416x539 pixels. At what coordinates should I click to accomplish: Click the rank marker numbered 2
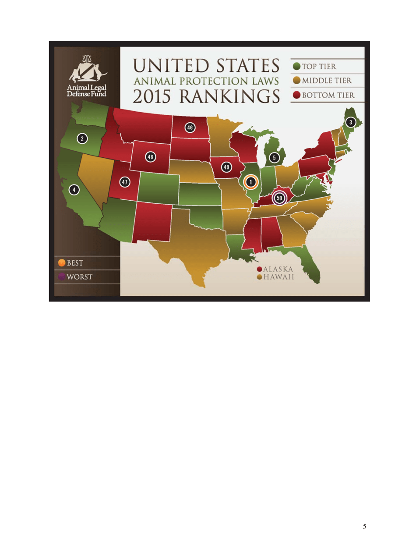pos(81,139)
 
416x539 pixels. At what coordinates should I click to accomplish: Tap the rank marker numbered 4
pos(75,190)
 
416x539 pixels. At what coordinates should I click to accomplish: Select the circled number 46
pos(190,128)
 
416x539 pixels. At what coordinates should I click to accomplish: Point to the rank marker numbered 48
pos(151,156)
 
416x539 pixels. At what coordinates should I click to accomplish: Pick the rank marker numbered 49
pos(226,167)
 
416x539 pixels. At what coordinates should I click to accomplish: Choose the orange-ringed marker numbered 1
pos(250,181)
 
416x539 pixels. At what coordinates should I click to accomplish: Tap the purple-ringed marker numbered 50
pos(279,198)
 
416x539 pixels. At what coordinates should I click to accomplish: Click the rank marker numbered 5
pos(274,157)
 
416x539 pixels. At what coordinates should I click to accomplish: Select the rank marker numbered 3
pos(351,122)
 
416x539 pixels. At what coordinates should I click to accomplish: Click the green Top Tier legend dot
pos(296,67)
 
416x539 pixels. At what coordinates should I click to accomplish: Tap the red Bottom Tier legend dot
pos(296,95)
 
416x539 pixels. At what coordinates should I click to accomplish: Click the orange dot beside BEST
pos(62,263)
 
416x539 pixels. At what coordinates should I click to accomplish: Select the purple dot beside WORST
pos(62,277)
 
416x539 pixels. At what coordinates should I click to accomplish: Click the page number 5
pos(364,526)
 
